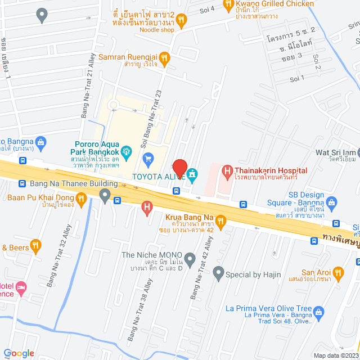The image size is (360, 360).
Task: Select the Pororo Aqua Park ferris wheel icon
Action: (128, 150)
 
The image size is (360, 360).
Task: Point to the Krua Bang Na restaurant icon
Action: (221, 220)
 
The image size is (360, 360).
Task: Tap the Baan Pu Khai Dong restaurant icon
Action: (82, 197)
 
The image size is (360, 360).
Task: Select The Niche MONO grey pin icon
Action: (190, 259)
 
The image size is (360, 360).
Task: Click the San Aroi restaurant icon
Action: (338, 273)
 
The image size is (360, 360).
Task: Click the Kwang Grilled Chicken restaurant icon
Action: (228, 6)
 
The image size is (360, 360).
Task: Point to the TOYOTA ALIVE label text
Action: (158, 177)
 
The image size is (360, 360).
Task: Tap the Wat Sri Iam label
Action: (336, 152)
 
